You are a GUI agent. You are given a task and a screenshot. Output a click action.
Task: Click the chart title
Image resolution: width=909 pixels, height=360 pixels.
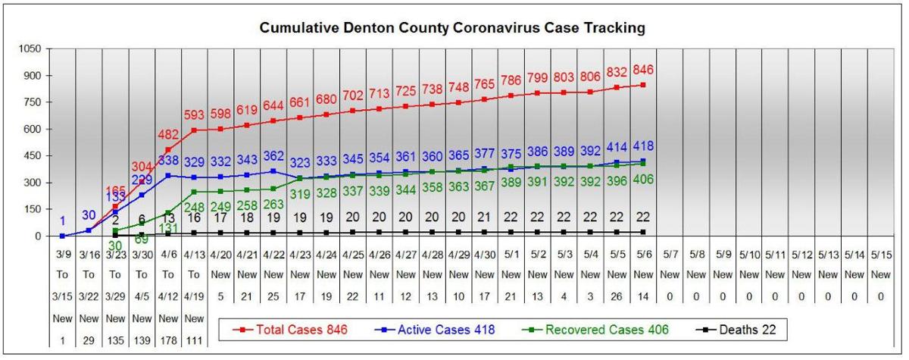tap(452, 29)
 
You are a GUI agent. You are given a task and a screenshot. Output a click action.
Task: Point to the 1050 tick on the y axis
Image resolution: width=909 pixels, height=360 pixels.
tap(30, 48)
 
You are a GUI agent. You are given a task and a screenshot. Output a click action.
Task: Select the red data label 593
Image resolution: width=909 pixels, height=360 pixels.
tap(192, 115)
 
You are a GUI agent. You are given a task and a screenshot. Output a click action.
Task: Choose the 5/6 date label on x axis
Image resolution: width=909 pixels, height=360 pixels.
tap(642, 255)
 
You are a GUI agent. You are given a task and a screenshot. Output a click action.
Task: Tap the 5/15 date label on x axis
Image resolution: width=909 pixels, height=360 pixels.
tap(880, 255)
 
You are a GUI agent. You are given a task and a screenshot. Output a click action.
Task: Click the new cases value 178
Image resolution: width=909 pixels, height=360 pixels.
tap(167, 340)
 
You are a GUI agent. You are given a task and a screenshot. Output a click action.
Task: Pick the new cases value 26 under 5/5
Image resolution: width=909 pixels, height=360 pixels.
tap(616, 297)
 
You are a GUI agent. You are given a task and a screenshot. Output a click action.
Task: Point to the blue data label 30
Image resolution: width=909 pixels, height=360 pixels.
tap(88, 214)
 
